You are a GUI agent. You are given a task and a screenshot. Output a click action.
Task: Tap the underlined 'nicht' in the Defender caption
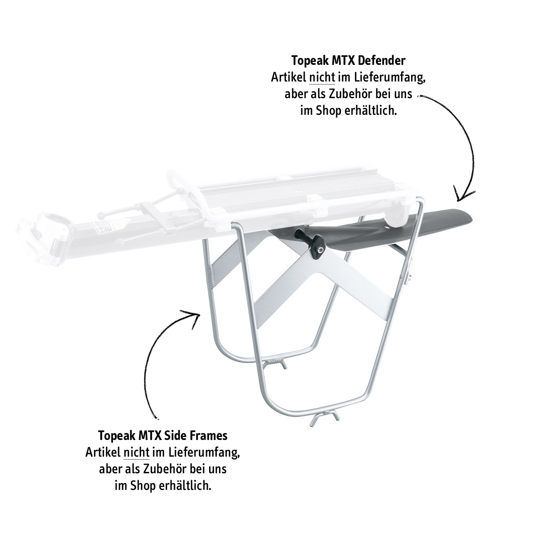pos(322,79)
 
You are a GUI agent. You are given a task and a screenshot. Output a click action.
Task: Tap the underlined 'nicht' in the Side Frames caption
pos(136,452)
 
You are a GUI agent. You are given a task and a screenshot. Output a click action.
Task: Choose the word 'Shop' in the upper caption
pos(329,111)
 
